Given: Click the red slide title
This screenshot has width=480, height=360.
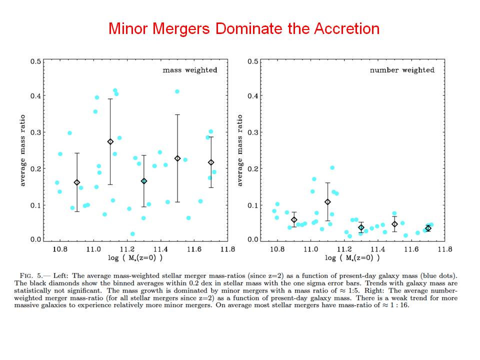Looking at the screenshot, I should [244, 28].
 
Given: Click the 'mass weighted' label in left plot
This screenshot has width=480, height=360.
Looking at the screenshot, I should [190, 70].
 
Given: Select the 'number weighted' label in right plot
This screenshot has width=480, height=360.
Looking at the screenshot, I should [402, 70].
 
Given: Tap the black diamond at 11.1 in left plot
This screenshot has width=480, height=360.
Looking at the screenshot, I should [110, 141].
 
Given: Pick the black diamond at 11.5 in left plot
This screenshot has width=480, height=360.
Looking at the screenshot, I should [177, 158].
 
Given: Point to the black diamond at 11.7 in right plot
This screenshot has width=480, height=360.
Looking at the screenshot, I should [428, 228].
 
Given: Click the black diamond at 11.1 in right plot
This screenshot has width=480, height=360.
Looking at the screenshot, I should [327, 202].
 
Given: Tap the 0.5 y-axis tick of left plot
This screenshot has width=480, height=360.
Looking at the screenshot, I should [35, 61].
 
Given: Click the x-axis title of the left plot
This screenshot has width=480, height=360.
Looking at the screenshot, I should [127, 258].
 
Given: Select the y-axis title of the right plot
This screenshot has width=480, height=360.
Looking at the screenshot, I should [239, 150].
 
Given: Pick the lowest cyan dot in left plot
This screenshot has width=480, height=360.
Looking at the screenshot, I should [132, 234].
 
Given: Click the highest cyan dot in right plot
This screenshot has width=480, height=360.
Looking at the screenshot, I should [332, 168].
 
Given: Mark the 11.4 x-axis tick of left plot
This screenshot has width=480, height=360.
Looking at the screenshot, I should [160, 249].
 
